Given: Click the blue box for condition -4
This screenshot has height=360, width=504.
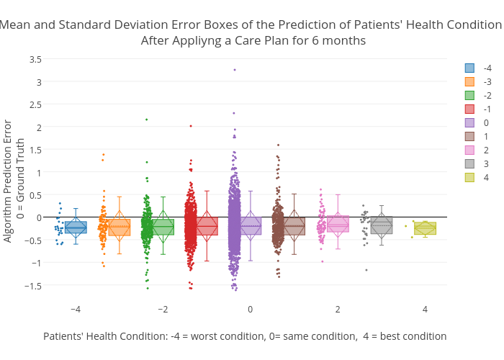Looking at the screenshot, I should [76, 228].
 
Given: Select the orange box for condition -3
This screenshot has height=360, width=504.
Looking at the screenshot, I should [120, 228].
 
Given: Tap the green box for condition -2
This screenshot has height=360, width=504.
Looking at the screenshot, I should [163, 227].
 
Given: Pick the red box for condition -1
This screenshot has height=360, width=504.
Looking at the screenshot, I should [207, 226].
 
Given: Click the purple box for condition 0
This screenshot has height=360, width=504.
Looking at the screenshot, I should [251, 226].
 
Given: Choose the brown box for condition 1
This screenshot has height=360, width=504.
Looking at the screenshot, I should [294, 226].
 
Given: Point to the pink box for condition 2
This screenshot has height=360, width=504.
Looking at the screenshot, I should [338, 224].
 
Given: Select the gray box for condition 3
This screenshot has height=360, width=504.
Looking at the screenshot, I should [381, 225].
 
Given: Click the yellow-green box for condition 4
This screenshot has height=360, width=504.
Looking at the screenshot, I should [425, 228].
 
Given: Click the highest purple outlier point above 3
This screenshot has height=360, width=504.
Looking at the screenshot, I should [235, 70].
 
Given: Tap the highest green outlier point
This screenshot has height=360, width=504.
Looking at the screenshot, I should [147, 120].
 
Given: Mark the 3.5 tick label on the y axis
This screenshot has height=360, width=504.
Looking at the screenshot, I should [34, 59].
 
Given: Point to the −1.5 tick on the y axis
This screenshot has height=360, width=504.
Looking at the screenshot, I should [32, 285].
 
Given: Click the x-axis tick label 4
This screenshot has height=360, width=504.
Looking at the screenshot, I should [425, 310].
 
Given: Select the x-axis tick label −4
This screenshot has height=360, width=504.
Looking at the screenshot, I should [76, 310].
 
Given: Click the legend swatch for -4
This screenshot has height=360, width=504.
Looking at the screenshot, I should [469, 68].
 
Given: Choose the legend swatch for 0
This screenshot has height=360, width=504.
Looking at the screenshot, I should [469, 123].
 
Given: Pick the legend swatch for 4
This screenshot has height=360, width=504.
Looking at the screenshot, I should [469, 178].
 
